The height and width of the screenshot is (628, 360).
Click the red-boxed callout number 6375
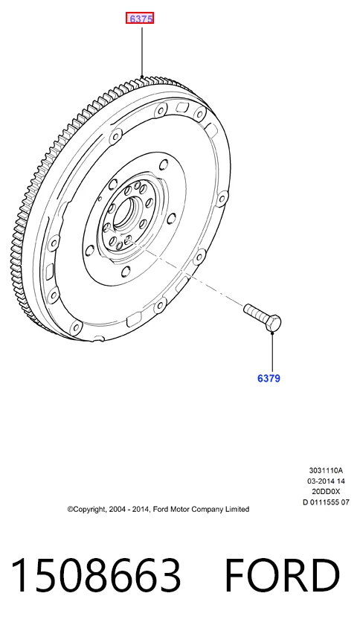[140, 19]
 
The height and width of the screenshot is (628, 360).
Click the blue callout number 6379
[269, 378]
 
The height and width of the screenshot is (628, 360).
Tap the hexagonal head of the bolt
[273, 323]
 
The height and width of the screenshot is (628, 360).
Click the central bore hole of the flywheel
[126, 212]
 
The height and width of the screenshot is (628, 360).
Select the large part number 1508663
[96, 575]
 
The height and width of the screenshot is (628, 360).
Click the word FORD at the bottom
[283, 575]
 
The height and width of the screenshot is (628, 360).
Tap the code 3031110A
[326, 470]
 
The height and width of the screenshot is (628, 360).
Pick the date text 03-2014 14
[326, 481]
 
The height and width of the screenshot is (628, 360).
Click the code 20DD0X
[326, 491]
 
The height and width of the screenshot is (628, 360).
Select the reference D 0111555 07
[326, 502]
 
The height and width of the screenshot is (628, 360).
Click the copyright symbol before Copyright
[70, 510]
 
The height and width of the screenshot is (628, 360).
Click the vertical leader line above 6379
[272, 352]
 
